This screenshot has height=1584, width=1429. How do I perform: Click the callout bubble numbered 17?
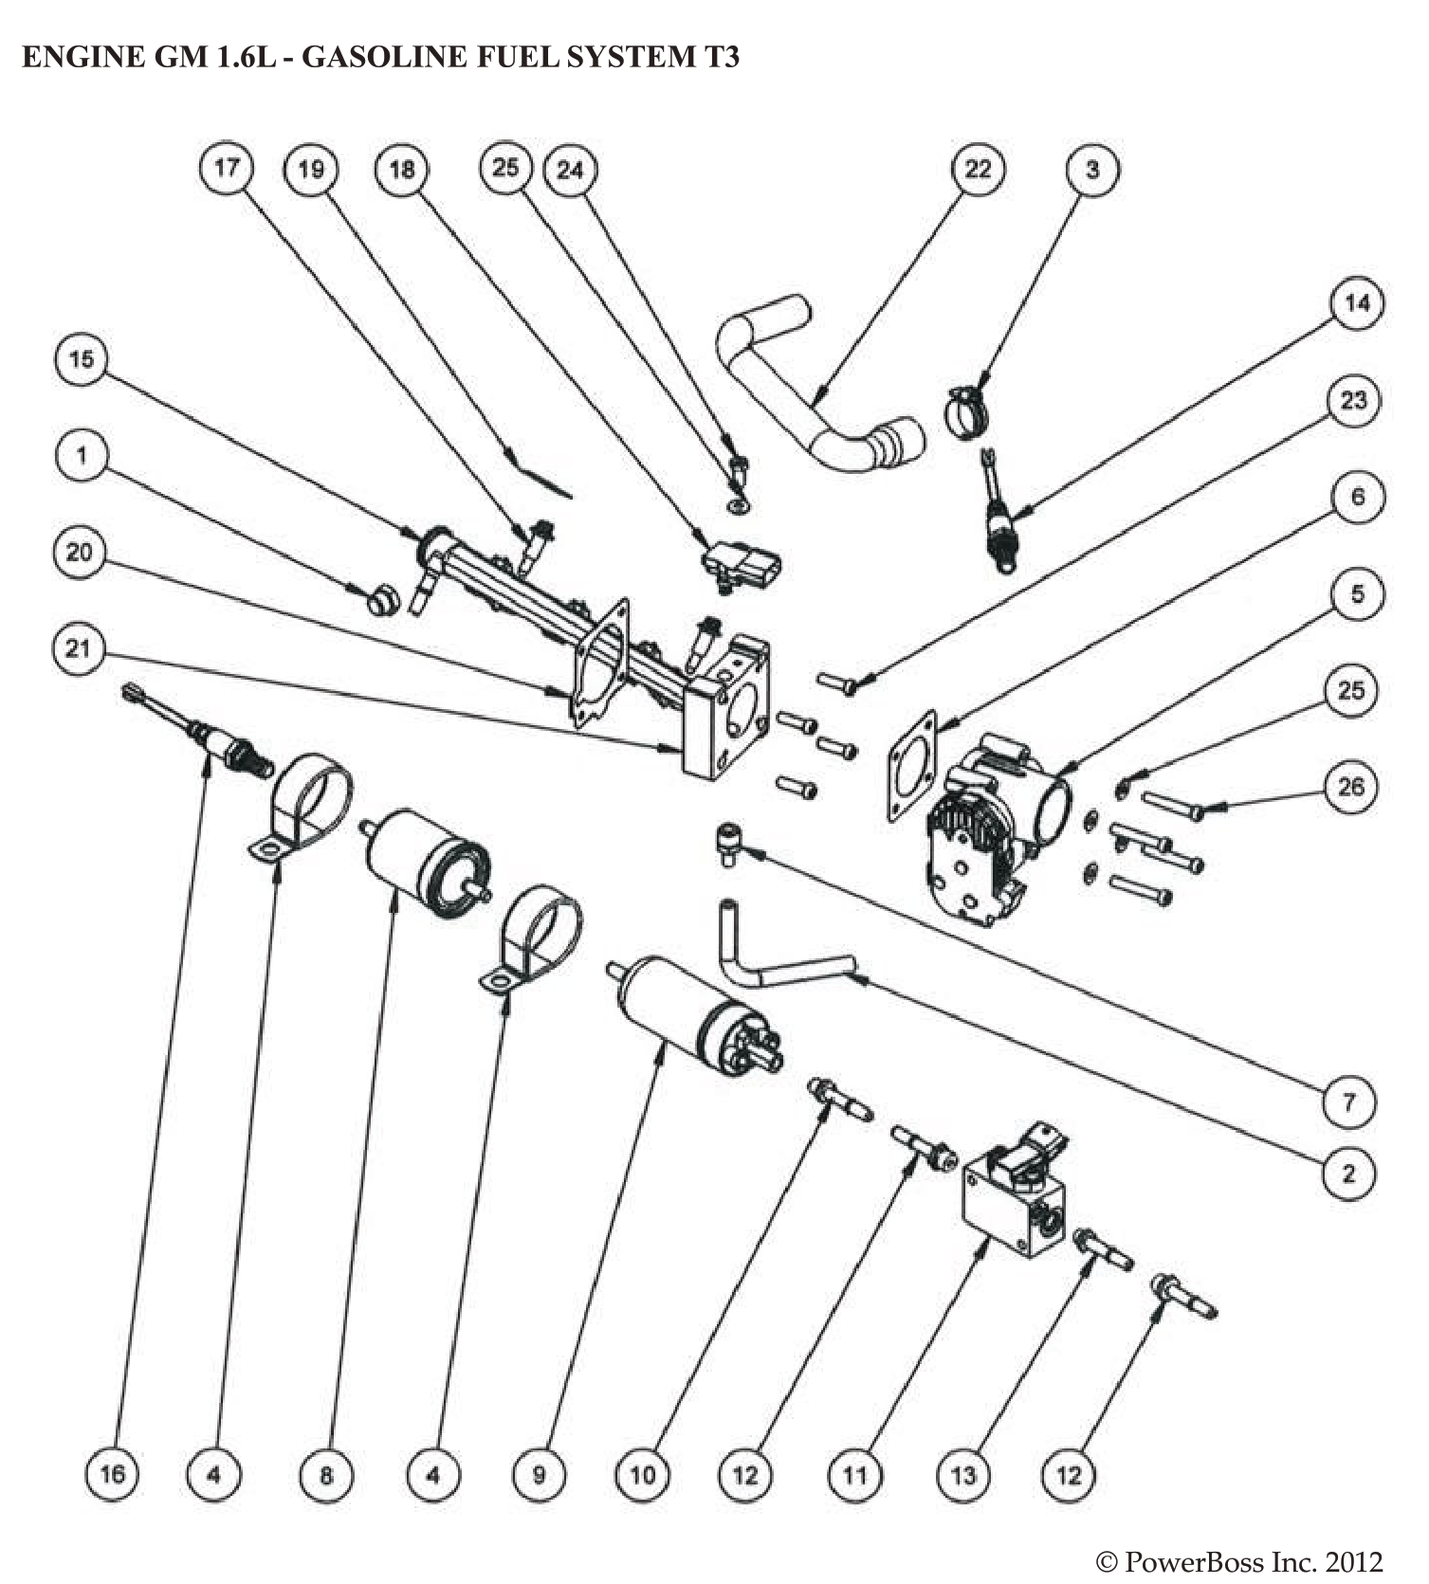tap(227, 168)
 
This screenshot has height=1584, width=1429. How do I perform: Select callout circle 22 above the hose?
tap(978, 169)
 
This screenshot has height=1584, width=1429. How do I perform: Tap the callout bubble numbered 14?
tap(1357, 303)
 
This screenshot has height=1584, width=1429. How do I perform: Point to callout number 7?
tap(1348, 1102)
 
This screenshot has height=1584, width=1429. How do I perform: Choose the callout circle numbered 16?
tap(112, 1475)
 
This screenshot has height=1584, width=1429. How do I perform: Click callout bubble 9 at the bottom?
tap(539, 1475)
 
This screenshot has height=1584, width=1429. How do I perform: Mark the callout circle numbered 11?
tap(854, 1475)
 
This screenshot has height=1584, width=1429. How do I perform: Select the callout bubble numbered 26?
tap(1350, 786)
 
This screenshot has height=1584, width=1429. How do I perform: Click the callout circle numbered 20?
tap(80, 552)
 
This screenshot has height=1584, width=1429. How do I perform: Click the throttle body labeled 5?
tap(986, 825)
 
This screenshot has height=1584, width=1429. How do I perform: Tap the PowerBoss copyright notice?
tap(1238, 1561)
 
